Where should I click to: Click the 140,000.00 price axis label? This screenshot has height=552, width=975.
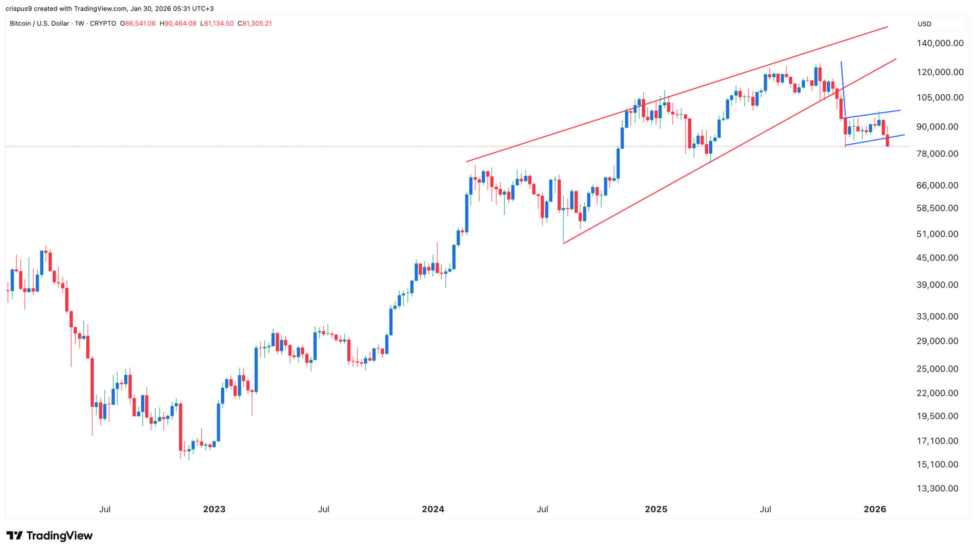coord(940,43)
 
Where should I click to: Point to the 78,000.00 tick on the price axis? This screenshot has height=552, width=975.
coord(937,154)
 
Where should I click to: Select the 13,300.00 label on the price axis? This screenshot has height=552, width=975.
coord(937,488)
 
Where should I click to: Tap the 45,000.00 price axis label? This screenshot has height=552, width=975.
coord(937,258)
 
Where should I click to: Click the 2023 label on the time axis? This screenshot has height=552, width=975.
coord(214,509)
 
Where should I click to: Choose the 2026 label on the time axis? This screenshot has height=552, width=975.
coord(875,509)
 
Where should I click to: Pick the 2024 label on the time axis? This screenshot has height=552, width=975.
coord(433,509)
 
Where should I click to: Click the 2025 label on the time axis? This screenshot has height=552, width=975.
coord(656,509)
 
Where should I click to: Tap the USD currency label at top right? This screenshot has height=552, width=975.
coord(924,24)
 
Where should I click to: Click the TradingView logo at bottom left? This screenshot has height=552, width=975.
coord(50,536)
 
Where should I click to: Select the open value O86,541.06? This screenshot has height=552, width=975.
coord(138,23)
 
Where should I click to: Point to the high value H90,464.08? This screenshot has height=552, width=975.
coord(178,23)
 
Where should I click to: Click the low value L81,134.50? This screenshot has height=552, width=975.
coord(217,23)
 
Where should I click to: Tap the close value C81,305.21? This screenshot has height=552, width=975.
coord(255,23)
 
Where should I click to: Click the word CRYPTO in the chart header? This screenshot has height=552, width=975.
coord(103,23)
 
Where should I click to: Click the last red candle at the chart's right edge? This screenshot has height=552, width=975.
coord(887,141)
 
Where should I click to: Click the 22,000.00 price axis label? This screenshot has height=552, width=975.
coord(937,393)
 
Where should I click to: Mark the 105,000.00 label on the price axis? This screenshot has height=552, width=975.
coord(940,98)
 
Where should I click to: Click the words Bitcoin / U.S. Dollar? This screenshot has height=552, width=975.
coord(39,23)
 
